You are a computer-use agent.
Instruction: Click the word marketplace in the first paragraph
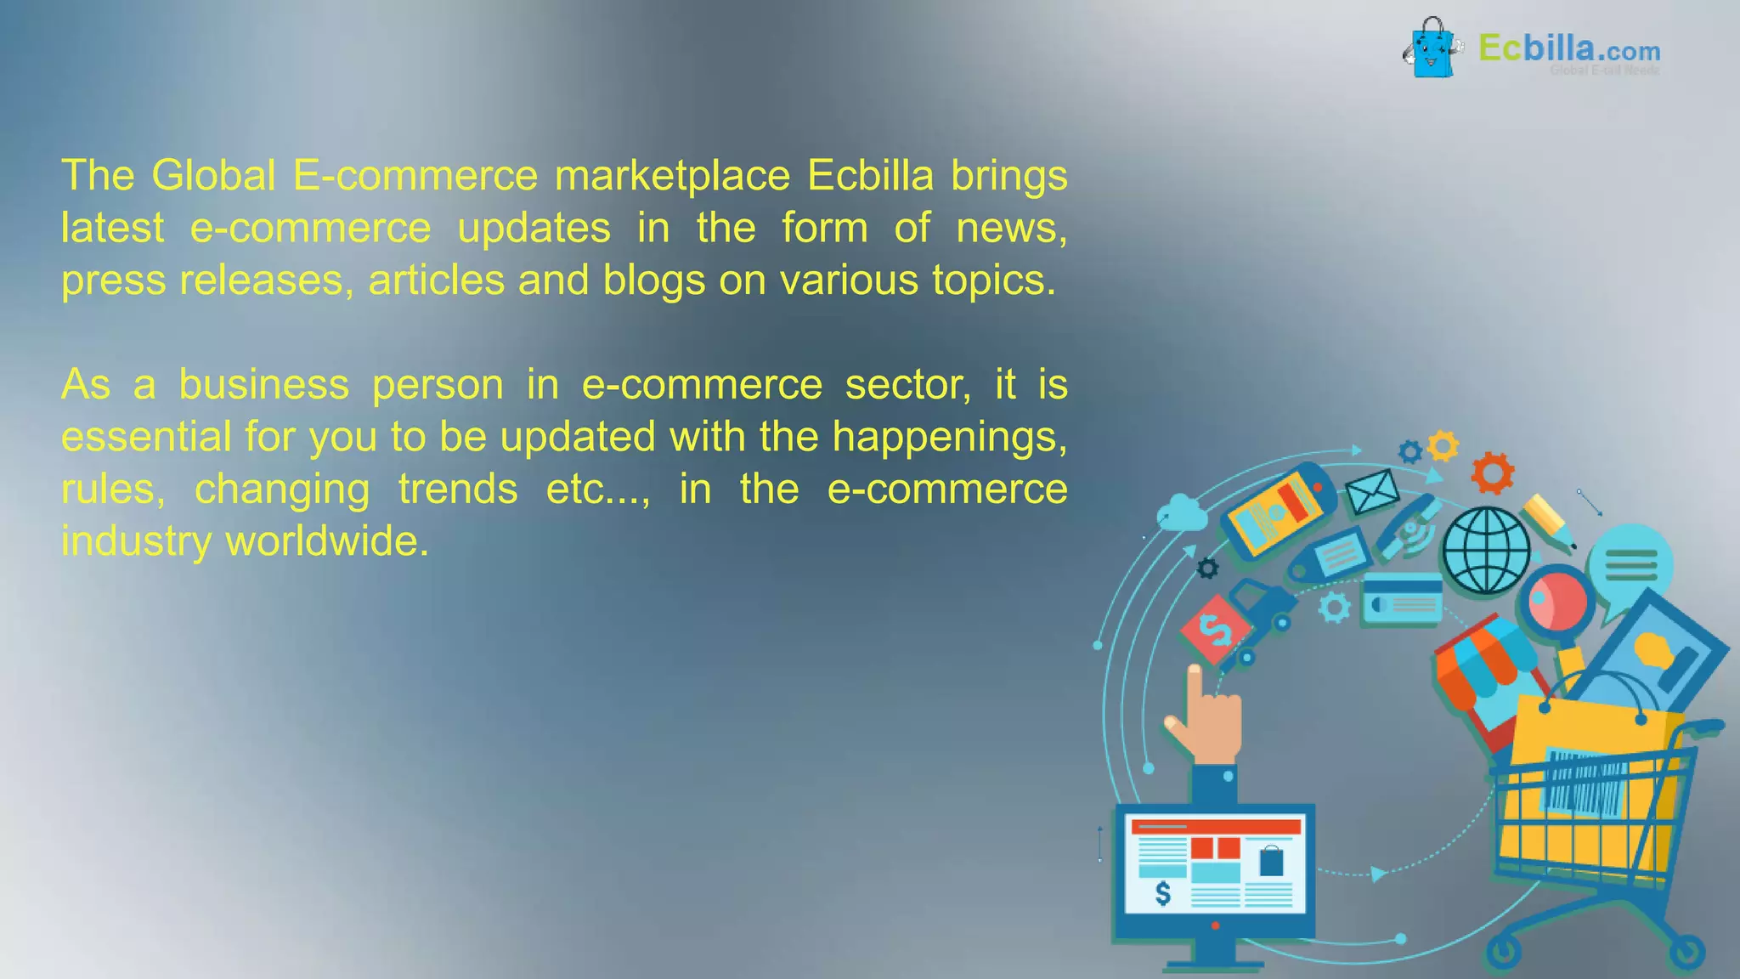672,176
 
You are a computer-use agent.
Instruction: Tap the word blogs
653,281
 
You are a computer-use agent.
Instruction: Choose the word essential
146,437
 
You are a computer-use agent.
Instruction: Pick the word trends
458,489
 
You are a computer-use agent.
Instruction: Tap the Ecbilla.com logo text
1568,48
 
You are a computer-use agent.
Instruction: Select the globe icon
1487,550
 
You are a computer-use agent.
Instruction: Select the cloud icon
1183,512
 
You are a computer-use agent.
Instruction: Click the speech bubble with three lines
1630,566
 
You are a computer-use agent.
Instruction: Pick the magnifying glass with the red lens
1557,600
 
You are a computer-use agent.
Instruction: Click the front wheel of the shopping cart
1505,952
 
